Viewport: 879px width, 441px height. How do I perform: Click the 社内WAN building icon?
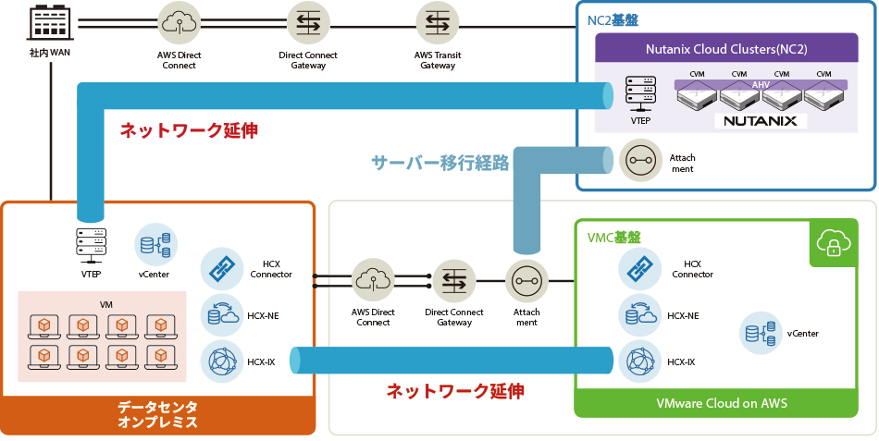pos(50,25)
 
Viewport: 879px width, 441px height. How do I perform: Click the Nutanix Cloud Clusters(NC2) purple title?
pos(725,48)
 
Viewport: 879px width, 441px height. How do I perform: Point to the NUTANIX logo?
pos(761,120)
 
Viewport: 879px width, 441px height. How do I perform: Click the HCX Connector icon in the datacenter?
pos(221,268)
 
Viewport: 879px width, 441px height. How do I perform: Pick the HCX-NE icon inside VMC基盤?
pos(639,315)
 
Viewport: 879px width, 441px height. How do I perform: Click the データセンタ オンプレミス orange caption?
pos(157,414)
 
